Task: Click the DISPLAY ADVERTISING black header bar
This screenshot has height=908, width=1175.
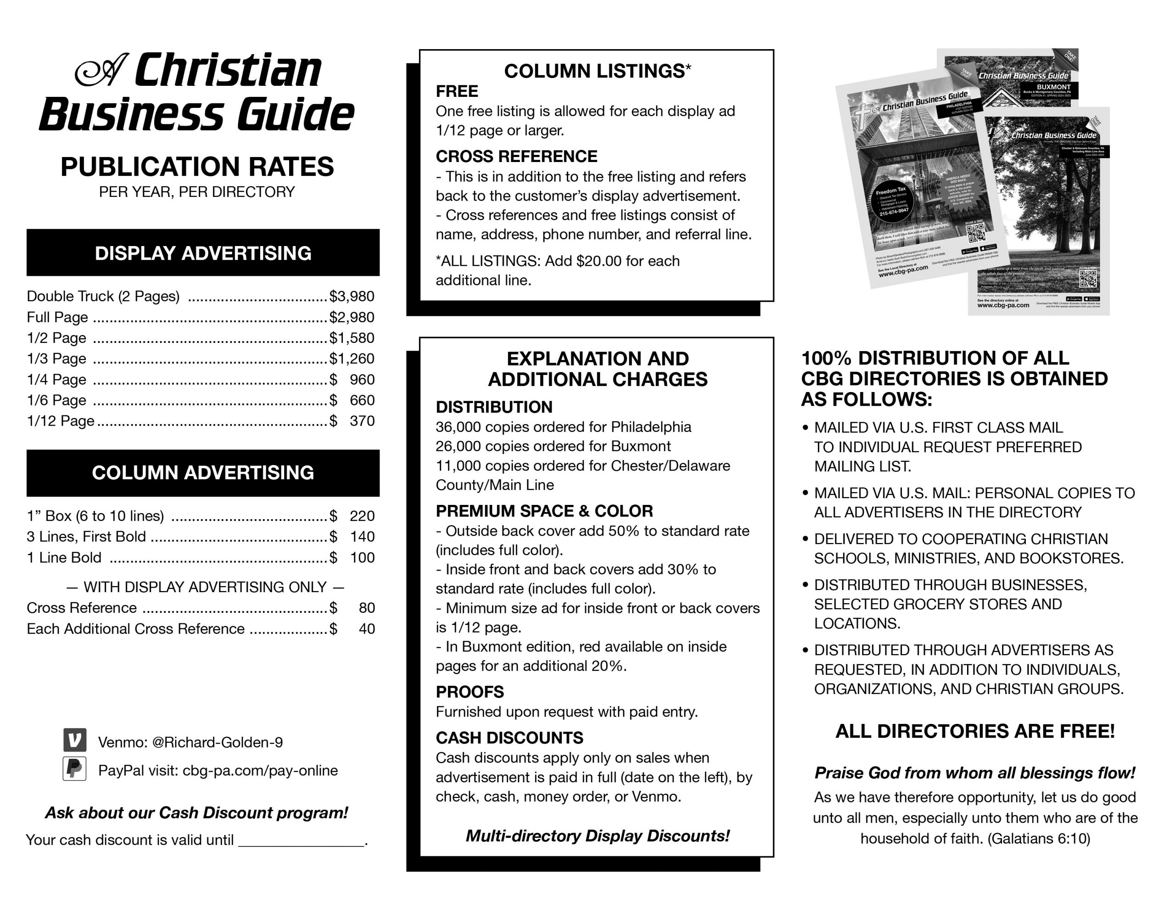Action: [203, 253]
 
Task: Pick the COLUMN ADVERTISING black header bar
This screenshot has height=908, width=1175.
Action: [203, 472]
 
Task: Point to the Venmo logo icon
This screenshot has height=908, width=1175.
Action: [75, 740]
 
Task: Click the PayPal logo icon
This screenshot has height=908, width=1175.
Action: [75, 768]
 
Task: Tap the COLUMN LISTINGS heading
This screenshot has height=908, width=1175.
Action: [597, 71]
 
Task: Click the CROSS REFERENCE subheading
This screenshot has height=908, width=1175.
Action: [516, 157]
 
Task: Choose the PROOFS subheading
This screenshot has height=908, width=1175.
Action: [470, 692]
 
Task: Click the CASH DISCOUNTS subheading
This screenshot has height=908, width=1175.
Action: [509, 737]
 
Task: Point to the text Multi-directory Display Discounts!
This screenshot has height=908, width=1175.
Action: [597, 836]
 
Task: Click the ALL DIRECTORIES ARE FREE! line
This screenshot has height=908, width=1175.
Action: [975, 731]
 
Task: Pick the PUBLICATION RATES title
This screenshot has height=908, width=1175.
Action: [197, 166]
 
